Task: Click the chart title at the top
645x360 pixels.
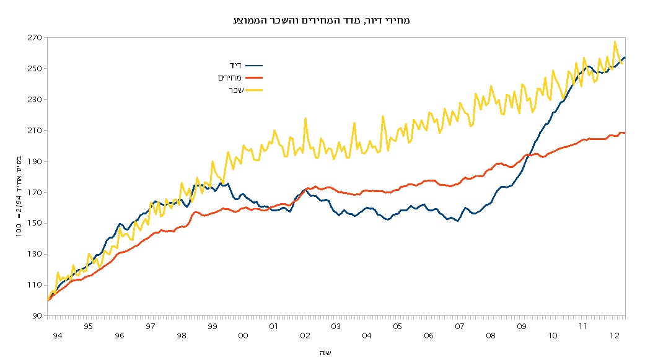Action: pyautogui.click(x=322, y=20)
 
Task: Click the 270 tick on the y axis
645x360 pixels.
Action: pyautogui.click(x=34, y=38)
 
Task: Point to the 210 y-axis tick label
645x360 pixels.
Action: pyautogui.click(x=34, y=131)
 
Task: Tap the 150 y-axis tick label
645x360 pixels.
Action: pyautogui.click(x=34, y=224)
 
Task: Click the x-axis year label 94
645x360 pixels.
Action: pyautogui.click(x=58, y=335)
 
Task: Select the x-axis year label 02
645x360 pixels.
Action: pyautogui.click(x=305, y=335)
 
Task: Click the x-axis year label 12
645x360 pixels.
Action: pyautogui.click(x=614, y=335)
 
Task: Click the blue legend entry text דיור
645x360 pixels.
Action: pyautogui.click(x=235, y=64)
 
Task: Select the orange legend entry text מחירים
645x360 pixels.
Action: pyautogui.click(x=229, y=77)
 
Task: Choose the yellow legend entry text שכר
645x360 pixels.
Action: pyautogui.click(x=234, y=90)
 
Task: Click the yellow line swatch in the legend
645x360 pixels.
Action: pyautogui.click(x=254, y=90)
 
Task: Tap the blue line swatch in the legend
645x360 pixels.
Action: pyautogui.click(x=254, y=64)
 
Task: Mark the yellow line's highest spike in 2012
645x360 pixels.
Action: pyautogui.click(x=615, y=42)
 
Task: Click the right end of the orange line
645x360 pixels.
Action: pyautogui.click(x=625, y=133)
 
